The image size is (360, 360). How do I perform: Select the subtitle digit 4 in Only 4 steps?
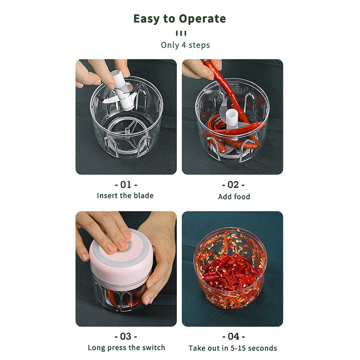click(x=184, y=45)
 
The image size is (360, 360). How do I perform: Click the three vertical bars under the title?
click(x=181, y=33)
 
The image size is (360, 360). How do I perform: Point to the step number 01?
click(x=126, y=184)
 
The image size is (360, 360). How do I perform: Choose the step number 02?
click(x=233, y=185)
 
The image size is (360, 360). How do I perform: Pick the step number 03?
click(x=126, y=336)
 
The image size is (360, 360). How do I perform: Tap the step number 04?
click(x=234, y=336)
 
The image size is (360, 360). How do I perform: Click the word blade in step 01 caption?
click(x=144, y=196)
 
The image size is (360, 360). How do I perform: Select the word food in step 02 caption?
click(x=242, y=197)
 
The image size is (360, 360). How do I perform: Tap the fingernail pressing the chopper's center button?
click(x=124, y=244)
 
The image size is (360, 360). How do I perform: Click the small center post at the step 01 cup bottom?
click(x=127, y=131)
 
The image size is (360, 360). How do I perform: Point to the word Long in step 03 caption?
click(x=96, y=348)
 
